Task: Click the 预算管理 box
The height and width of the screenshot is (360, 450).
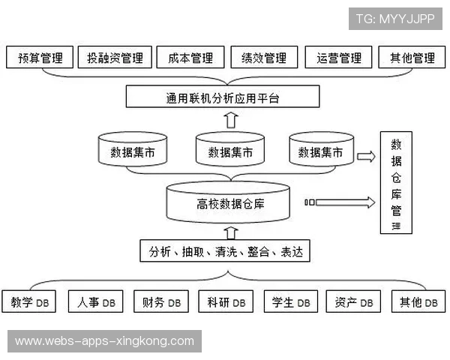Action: [x=40, y=58]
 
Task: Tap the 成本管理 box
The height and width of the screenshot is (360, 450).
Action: [x=190, y=58]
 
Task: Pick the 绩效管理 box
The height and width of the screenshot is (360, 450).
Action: [x=264, y=58]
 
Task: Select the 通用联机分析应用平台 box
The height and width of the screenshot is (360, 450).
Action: [x=223, y=97]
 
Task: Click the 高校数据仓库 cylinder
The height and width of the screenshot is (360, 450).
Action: [x=229, y=203]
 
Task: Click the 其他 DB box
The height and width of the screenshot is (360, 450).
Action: [x=418, y=302]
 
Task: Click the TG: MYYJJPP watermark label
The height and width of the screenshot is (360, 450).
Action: [x=394, y=19]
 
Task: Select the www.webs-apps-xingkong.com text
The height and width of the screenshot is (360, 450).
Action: [x=104, y=341]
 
